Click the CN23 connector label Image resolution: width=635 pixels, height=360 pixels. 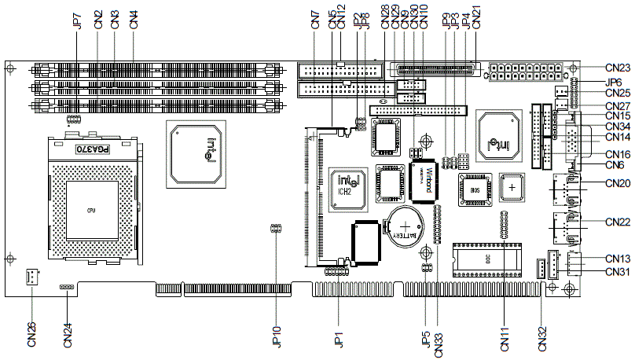click(x=618, y=68)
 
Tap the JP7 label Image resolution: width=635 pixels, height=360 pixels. click(x=78, y=20)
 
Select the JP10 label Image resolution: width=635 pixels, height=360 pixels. click(x=276, y=336)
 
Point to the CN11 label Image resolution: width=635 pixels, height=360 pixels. click(x=504, y=334)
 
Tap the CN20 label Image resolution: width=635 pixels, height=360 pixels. click(x=618, y=183)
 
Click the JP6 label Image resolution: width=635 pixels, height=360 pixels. click(x=614, y=81)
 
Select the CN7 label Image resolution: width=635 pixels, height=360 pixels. click(x=315, y=20)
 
